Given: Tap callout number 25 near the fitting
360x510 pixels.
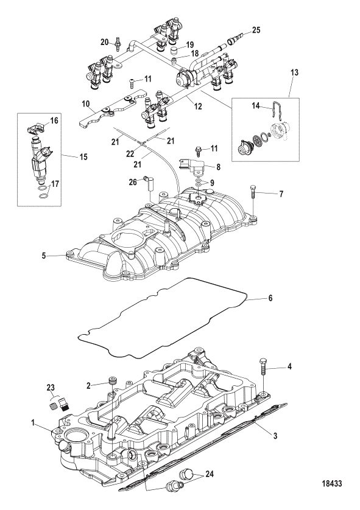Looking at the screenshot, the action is click(x=256, y=30).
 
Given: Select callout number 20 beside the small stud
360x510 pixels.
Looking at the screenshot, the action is click(x=105, y=41).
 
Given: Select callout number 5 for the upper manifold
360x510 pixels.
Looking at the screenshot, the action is click(x=44, y=256).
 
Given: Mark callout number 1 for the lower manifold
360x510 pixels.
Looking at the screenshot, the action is click(x=34, y=424).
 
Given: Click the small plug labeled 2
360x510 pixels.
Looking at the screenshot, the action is click(x=112, y=380).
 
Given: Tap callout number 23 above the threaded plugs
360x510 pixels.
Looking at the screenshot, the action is click(x=51, y=388).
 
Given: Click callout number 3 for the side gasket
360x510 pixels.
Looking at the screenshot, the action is click(x=275, y=436).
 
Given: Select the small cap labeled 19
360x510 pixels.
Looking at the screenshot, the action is click(x=176, y=51).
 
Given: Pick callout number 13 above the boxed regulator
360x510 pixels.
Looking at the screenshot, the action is click(x=294, y=72).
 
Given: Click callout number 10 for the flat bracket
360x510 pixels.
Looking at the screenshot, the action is click(x=86, y=104).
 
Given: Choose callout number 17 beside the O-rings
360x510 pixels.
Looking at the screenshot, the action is click(x=55, y=184).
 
